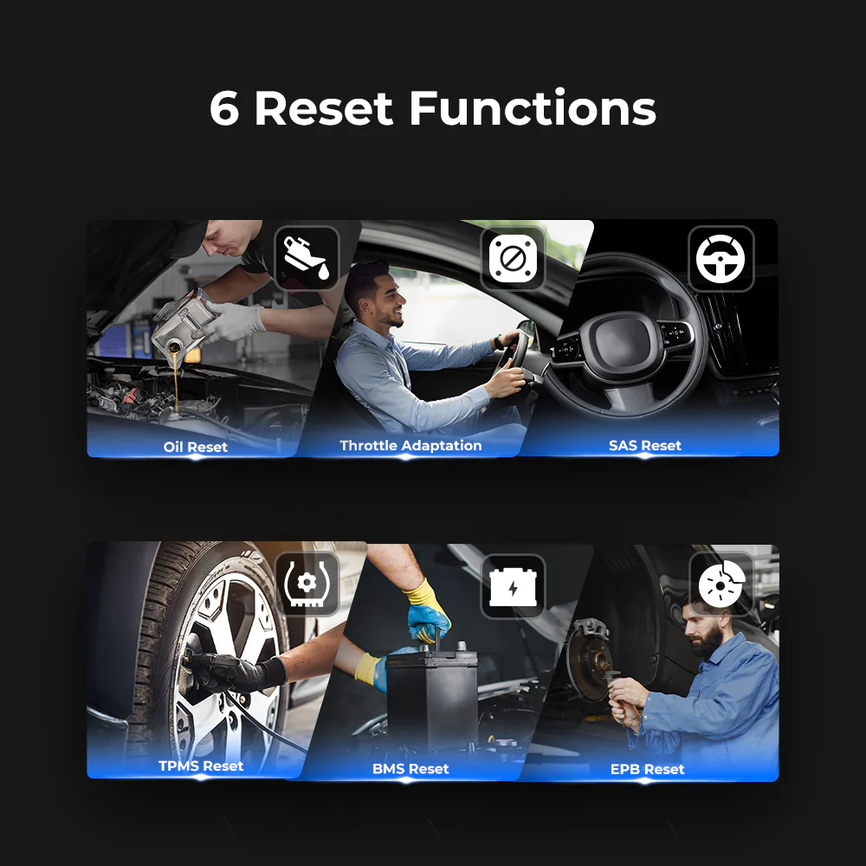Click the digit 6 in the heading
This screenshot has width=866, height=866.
click(224, 108)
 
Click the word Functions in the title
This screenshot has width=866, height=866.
click(533, 107)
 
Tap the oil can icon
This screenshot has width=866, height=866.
click(307, 258)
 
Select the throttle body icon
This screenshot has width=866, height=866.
click(513, 258)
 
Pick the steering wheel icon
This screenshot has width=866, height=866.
click(721, 258)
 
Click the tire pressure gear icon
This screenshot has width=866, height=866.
click(307, 585)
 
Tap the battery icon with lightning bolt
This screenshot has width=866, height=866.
click(513, 586)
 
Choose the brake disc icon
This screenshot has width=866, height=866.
click(721, 584)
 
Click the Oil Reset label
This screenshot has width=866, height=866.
click(196, 447)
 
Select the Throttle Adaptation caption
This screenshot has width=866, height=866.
click(410, 445)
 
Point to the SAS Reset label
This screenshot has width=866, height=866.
click(645, 445)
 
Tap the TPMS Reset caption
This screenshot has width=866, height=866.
click(201, 766)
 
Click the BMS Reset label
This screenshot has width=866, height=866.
click(410, 768)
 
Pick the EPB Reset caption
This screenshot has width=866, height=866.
click(647, 769)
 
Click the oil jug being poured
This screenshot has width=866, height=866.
click(182, 324)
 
